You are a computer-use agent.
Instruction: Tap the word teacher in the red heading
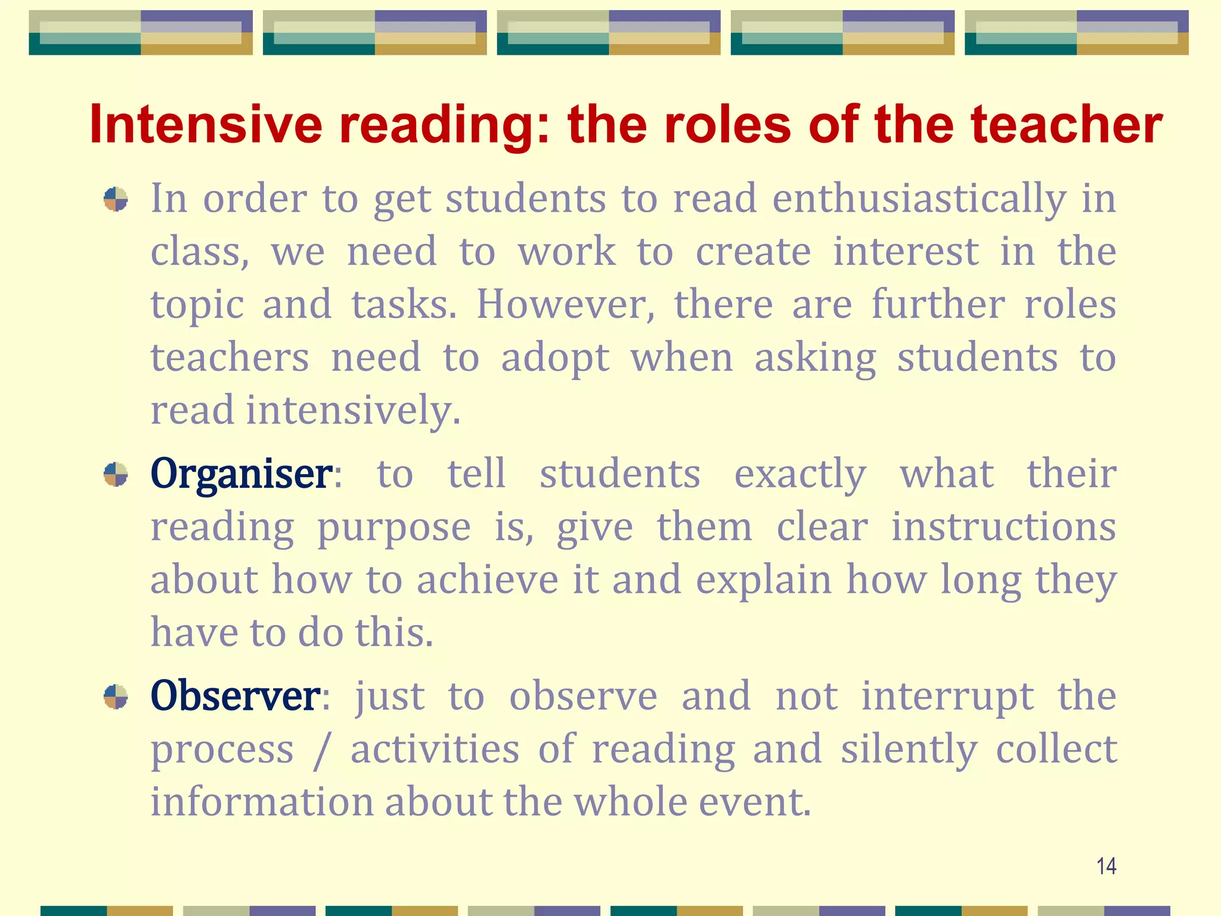point(1067,125)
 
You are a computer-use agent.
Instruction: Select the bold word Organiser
point(241,474)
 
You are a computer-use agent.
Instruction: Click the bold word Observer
point(235,696)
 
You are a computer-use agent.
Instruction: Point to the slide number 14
point(1106,866)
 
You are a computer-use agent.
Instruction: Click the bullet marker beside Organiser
point(116,475)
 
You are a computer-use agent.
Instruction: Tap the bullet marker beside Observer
point(116,697)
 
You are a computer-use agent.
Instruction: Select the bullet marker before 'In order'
point(116,199)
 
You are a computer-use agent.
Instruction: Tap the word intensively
point(354,411)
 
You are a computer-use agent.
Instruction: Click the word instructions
point(1003,527)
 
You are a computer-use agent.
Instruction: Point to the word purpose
point(393,528)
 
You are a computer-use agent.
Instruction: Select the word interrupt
point(947,697)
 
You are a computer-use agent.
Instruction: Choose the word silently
point(909,750)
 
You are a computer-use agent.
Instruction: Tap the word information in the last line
point(262,801)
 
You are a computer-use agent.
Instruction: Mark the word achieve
point(487,580)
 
